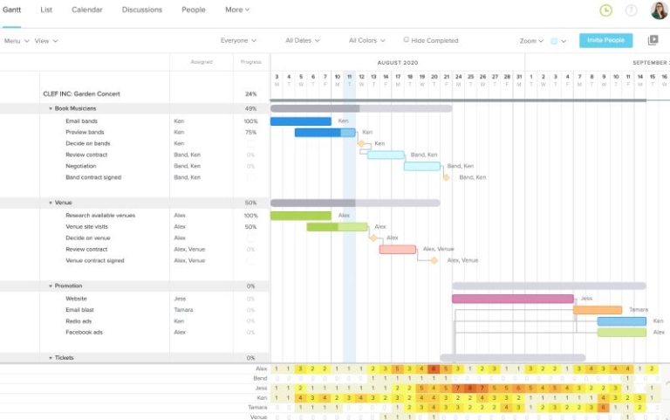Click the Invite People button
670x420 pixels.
(x=605, y=40)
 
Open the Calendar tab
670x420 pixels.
(x=86, y=10)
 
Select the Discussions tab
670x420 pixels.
(x=141, y=10)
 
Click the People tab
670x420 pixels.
(x=194, y=10)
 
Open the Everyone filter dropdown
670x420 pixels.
(x=238, y=40)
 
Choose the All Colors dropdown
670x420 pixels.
(x=366, y=40)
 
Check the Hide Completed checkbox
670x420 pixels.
(x=407, y=39)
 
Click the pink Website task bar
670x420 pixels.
(x=512, y=299)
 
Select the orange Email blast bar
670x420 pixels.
(x=598, y=310)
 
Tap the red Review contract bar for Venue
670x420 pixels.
(x=398, y=249)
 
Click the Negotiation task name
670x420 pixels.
(x=81, y=166)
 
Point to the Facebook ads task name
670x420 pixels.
(x=84, y=332)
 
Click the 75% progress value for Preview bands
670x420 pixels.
(x=250, y=132)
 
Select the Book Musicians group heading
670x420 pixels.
(x=75, y=108)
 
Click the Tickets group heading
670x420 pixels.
(x=65, y=358)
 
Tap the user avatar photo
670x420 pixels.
(x=659, y=10)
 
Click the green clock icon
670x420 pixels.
(x=606, y=10)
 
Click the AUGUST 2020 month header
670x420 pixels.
(x=398, y=63)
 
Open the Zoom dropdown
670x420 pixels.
(x=531, y=41)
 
